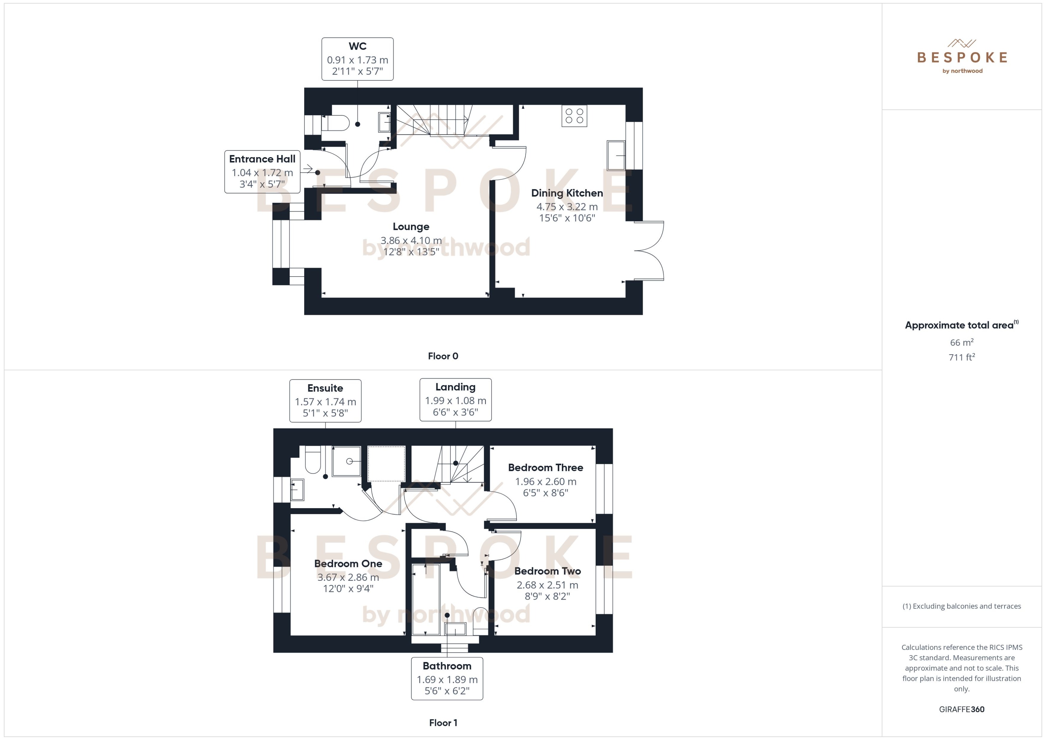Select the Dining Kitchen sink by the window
pos(616,155)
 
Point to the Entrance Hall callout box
pos(262,172)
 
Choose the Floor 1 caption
pos(443,723)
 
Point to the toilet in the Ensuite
pos(313,460)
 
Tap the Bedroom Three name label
pos(545,468)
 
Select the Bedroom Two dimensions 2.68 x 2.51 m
pos(547,585)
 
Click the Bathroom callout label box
pos(447,678)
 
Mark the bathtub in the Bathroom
pos(426,600)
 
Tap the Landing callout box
pos(455,400)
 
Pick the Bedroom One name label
pos(348,564)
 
